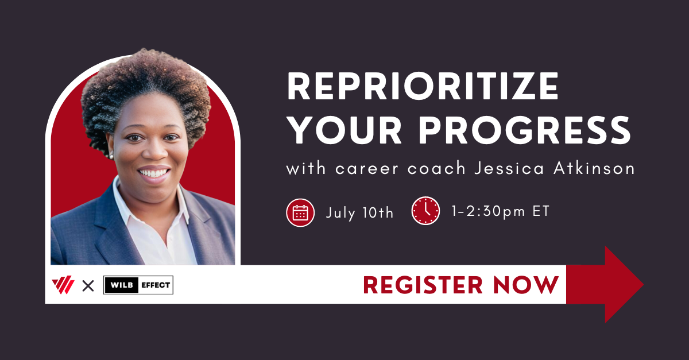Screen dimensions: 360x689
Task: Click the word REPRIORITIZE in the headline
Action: point(423,88)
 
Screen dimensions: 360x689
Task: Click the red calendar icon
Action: point(300,212)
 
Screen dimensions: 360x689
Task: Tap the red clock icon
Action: point(425,211)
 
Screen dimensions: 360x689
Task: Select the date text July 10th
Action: point(360,212)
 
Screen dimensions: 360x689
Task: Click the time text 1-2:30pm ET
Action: point(501,211)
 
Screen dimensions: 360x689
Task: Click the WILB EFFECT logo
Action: point(138,285)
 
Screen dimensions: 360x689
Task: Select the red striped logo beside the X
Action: point(63,285)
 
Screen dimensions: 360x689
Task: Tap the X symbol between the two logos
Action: point(88,285)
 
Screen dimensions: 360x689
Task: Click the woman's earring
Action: point(110,155)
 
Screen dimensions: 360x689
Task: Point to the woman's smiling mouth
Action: point(154,172)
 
